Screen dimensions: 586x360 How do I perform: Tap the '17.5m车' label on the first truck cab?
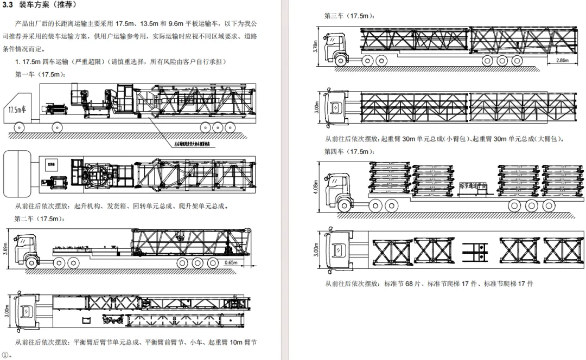(x=18, y=110)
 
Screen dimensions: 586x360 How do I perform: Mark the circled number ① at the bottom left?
(x=5, y=355)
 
